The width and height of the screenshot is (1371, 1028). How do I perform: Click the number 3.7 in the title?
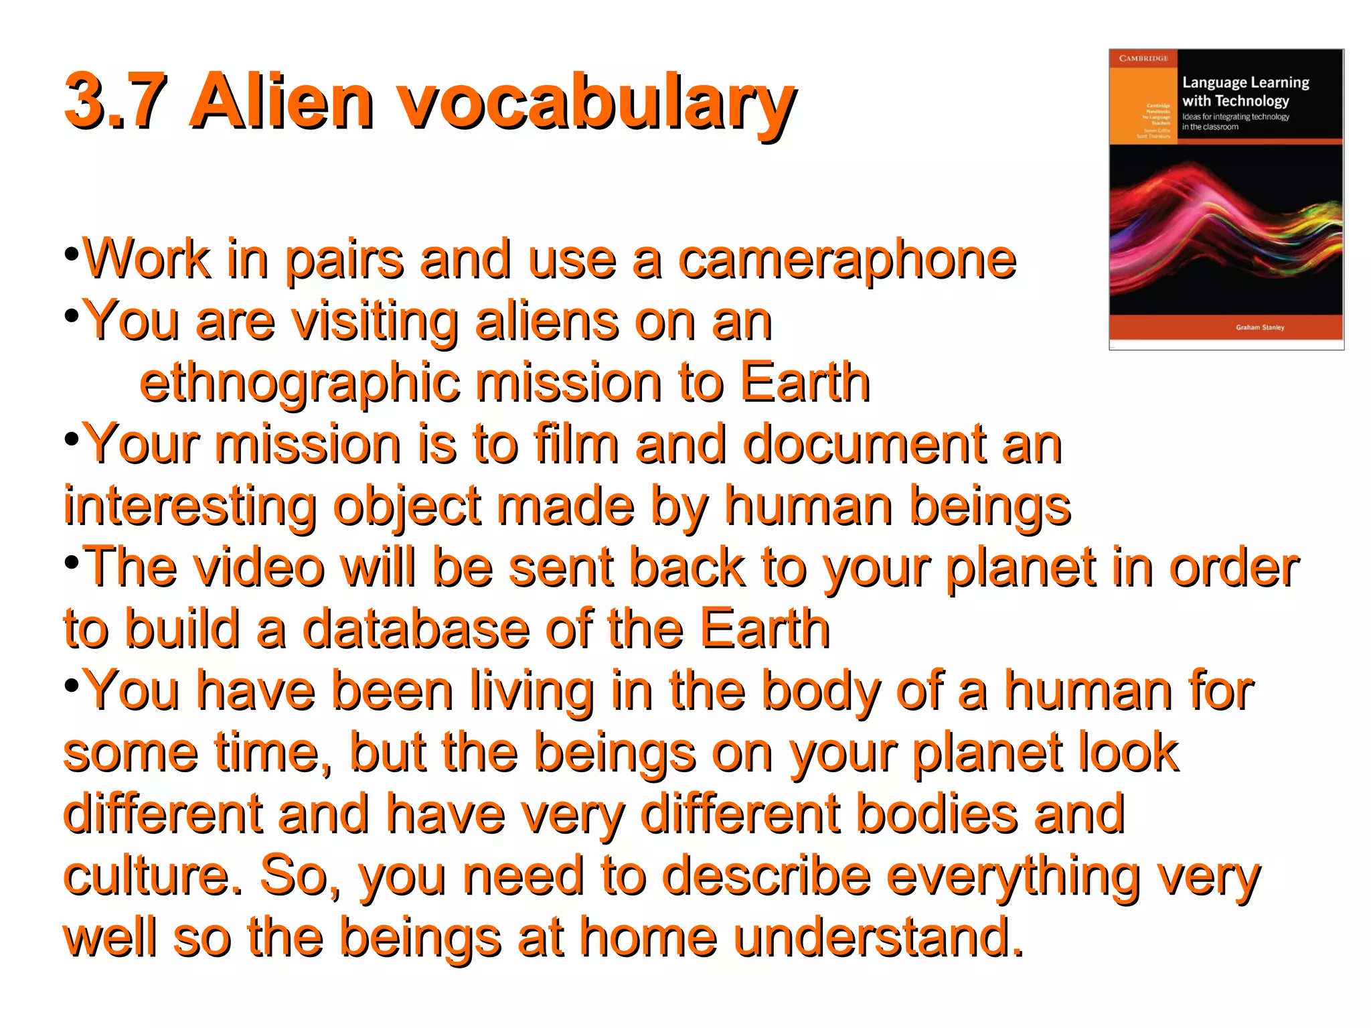pos(114,102)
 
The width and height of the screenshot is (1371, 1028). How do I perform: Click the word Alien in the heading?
pos(281,102)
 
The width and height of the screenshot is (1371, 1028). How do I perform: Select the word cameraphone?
pos(847,260)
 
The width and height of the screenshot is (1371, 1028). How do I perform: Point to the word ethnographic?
pos(299,383)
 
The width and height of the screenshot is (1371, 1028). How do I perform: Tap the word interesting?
pos(190,506)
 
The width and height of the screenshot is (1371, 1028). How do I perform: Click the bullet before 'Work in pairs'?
pos(72,254)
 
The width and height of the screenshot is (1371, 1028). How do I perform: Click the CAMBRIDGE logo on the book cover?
pos(1143,58)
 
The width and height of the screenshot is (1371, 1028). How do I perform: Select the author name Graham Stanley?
pos(1260,327)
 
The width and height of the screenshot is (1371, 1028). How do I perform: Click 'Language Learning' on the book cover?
pos(1245,82)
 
